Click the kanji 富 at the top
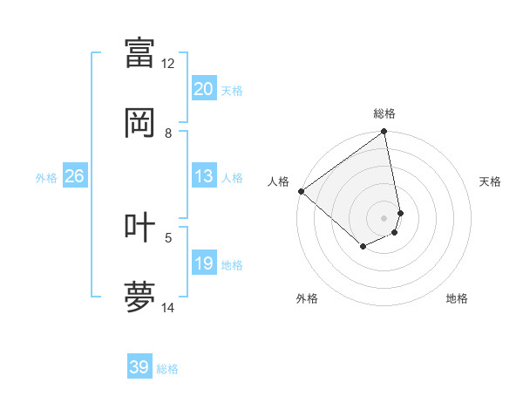140,51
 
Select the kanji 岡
140,122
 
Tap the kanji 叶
140,226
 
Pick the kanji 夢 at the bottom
140,297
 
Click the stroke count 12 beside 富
168,64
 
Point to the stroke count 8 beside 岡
168,133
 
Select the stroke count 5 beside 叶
168,236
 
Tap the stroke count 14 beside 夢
168,307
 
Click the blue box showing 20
204,89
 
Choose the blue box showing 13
204,177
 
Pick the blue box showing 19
204,263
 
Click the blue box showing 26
74,177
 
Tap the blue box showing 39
139,367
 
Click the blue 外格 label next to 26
46,178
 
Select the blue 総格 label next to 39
167,369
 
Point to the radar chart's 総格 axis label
384,113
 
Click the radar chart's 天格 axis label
491,181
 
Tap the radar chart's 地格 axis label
457,298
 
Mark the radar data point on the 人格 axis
301,191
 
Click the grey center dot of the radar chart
384,217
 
